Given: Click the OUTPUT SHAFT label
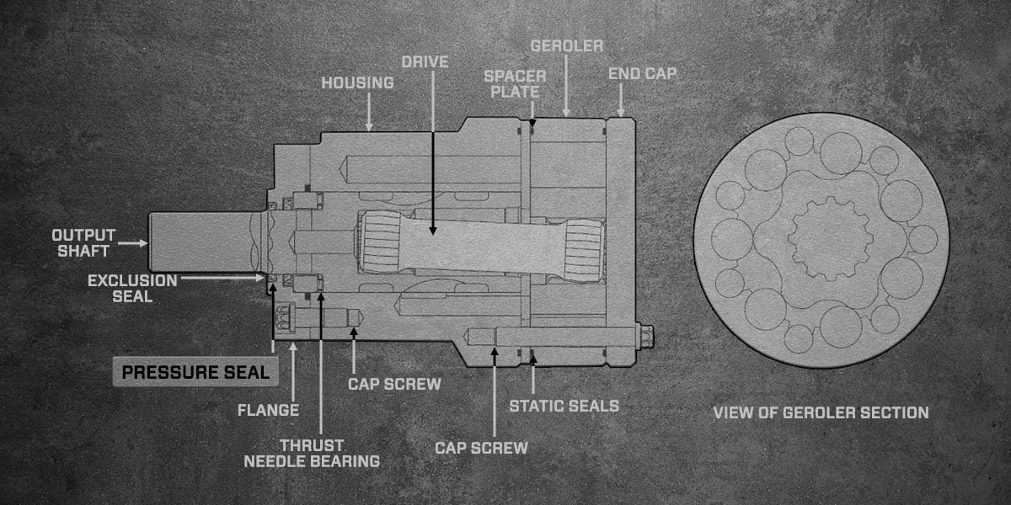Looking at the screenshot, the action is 83,243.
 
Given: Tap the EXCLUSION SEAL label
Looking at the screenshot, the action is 132,289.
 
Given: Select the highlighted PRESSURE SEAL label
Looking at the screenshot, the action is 195,372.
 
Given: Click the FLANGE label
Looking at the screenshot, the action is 268,411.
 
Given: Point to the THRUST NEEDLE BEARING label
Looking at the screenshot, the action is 312,454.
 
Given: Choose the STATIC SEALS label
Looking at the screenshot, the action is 564,407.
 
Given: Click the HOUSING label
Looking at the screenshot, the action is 357,83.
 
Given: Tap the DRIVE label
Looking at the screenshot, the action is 425,62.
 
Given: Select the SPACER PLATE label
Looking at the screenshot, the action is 515,84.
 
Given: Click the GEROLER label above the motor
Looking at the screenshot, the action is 567,46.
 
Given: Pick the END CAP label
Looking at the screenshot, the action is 642,74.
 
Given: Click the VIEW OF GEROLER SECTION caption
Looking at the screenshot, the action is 821,413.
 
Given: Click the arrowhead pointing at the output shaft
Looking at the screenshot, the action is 144,243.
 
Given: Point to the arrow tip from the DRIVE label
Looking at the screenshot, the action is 433,231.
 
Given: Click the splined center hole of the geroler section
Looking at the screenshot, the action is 831,238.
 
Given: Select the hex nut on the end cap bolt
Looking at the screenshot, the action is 647,337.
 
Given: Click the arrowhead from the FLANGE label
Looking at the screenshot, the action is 293,346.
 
